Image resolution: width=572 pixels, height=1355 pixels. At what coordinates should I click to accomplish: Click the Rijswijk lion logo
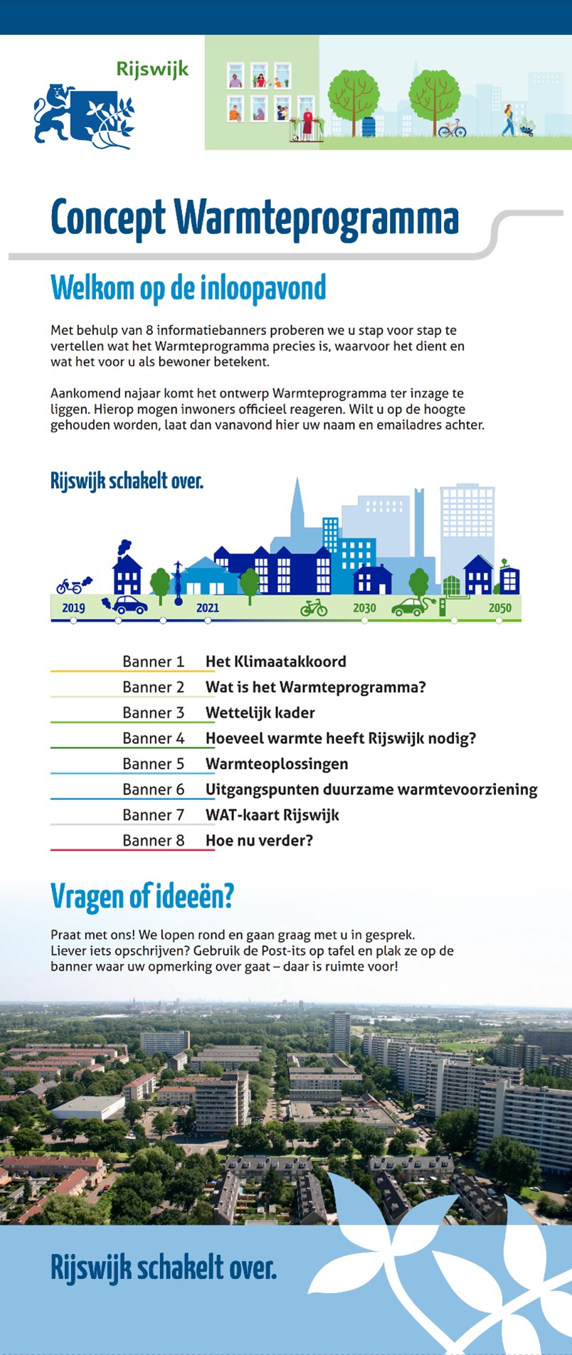tap(83, 116)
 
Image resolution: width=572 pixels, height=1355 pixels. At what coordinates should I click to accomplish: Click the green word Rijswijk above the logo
tap(152, 70)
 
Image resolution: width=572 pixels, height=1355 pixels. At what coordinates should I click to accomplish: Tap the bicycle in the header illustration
tap(452, 129)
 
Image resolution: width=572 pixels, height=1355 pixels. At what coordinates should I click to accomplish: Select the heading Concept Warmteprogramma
tap(255, 218)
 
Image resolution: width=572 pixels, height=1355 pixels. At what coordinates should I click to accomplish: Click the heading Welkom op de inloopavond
tap(188, 288)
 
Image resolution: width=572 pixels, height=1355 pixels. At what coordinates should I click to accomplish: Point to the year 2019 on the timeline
tap(73, 608)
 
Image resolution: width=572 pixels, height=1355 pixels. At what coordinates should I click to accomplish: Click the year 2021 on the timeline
tap(207, 608)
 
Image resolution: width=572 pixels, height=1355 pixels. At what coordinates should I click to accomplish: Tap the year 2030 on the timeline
tap(364, 608)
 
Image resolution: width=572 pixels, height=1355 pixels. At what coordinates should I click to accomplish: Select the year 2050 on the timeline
tap(499, 608)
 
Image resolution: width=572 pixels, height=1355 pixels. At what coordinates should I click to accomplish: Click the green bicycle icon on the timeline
tap(314, 607)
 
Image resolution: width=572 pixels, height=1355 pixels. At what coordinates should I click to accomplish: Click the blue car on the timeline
tap(129, 605)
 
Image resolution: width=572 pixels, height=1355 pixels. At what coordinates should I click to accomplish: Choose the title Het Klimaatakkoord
tap(275, 661)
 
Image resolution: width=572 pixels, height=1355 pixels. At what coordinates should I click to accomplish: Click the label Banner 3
tap(153, 713)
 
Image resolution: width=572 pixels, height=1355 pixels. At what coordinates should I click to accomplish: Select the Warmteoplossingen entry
tap(277, 764)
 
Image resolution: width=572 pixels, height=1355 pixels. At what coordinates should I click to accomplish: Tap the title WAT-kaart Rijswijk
tap(272, 815)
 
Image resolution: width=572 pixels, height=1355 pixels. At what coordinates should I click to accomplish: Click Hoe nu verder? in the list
tap(259, 841)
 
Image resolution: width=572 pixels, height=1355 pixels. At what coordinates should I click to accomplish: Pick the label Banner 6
tap(153, 790)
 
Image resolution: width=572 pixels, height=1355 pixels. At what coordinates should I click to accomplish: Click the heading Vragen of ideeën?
tap(142, 896)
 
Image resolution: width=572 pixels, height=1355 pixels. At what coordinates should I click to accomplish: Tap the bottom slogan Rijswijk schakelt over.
tap(163, 1268)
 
